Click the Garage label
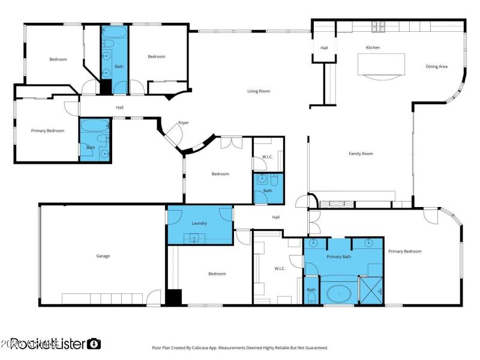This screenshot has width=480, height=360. coord(103,256)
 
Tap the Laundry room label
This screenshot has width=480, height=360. coord(199,223)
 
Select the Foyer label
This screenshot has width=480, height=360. coord(183,123)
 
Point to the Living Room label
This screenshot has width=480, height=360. coord(259,91)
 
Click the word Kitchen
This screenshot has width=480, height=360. coord(373,47)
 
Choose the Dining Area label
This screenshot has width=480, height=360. coord(436,67)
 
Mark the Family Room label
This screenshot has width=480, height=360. coord(361,154)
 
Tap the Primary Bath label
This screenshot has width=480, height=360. coord(338,256)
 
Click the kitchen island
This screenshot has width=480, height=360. coord(380,65)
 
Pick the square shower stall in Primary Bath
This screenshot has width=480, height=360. coord(371,290)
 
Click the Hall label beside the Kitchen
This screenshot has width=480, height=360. coord(324,47)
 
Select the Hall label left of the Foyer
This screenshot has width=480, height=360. coord(119,107)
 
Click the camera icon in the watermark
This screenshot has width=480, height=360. coord(94,344)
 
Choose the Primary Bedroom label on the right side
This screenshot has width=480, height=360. coord(404,251)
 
